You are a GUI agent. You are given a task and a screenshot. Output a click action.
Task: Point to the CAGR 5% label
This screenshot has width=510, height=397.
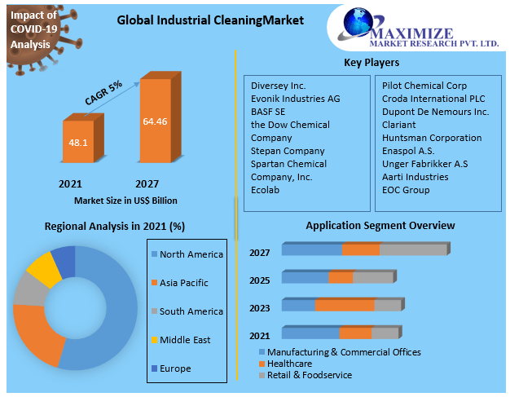pos(103,93)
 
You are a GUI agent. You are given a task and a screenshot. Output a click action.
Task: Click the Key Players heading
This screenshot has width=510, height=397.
pos(372,62)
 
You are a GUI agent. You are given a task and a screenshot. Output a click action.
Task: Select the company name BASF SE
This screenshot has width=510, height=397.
pos(270,112)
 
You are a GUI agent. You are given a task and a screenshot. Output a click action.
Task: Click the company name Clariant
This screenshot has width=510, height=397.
pos(399,125)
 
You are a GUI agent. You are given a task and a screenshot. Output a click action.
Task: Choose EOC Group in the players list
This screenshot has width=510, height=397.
pos(406,190)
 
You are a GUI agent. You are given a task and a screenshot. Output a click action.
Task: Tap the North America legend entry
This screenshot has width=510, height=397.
pos(191,254)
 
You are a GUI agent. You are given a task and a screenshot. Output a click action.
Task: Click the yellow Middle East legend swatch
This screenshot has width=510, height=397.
pos(153,340)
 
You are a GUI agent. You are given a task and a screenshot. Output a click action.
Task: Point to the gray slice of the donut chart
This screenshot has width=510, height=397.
pos(26,289)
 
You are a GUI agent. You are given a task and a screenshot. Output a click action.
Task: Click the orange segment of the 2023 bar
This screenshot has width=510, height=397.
pos(345,305)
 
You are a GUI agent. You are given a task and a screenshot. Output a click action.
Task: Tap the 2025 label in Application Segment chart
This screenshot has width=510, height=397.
pos(260,280)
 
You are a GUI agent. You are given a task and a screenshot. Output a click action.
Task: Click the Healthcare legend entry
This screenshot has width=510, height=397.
pos(290,364)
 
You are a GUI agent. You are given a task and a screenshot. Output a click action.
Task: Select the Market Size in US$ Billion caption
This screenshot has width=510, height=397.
pos(125,200)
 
